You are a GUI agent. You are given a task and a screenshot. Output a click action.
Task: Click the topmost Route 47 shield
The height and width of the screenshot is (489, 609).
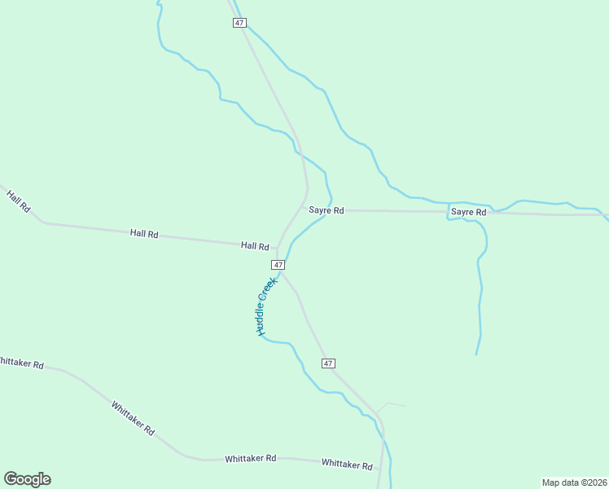239,23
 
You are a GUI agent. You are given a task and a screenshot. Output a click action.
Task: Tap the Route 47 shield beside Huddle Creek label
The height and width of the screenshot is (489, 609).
278,265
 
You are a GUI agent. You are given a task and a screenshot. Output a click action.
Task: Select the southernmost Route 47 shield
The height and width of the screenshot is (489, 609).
328,363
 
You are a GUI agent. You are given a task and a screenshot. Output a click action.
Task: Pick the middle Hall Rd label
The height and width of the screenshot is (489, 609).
144,233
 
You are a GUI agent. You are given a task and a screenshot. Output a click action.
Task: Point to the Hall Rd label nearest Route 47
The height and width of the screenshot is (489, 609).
255,245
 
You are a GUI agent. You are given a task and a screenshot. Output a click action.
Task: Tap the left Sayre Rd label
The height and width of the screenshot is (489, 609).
326,210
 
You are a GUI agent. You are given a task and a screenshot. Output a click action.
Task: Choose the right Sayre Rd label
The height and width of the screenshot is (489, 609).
468,212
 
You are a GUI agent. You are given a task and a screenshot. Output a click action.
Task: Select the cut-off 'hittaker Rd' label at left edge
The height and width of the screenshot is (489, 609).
21,363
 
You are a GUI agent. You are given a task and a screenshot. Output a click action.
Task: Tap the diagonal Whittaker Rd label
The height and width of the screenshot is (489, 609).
133,418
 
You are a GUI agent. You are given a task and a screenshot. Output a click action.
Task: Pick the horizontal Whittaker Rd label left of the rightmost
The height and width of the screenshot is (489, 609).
251,459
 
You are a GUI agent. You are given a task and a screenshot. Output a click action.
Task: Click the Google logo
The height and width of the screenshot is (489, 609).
27,479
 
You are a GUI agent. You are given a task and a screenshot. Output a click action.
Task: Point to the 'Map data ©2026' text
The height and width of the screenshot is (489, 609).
574,482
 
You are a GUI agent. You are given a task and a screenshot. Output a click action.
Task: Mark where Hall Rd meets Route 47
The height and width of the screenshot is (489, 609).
278,247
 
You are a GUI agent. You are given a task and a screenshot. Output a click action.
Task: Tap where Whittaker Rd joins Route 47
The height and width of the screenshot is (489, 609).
379,470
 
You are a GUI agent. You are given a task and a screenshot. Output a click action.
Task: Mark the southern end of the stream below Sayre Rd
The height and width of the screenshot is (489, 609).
476,354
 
